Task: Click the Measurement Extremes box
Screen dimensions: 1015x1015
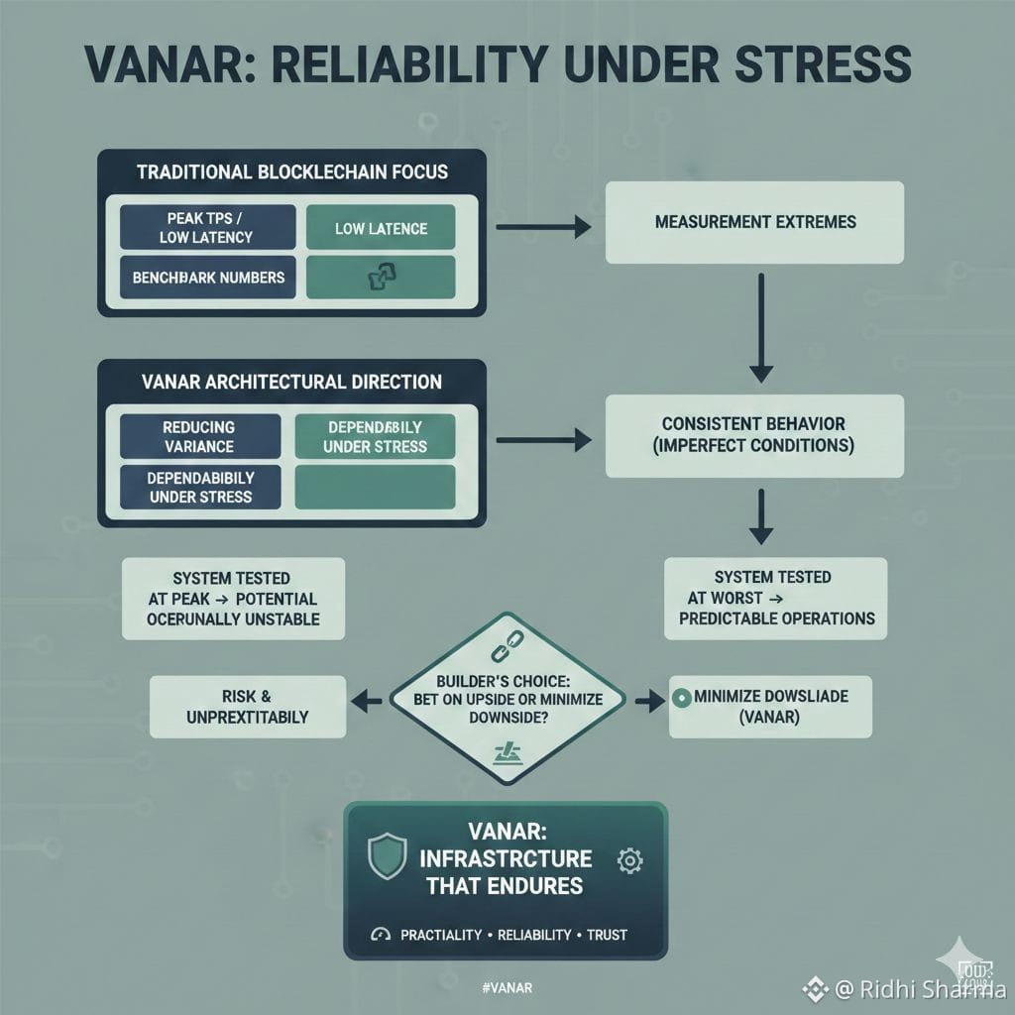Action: coord(754,222)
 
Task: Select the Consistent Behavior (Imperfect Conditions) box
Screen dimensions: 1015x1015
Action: coord(754,434)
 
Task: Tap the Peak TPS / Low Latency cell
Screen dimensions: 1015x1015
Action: coord(207,226)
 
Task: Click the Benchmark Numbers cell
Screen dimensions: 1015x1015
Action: coord(207,278)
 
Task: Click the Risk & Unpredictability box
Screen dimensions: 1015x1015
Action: coord(248,707)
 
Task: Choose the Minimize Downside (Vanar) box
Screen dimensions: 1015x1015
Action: coord(770,707)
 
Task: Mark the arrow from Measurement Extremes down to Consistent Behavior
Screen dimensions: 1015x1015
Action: coord(760,327)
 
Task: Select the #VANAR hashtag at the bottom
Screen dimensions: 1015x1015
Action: coord(506,987)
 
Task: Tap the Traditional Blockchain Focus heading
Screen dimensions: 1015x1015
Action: coord(291,171)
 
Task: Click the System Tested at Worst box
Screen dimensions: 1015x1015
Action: coord(774,597)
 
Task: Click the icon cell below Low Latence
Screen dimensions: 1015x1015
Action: coord(381,278)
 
